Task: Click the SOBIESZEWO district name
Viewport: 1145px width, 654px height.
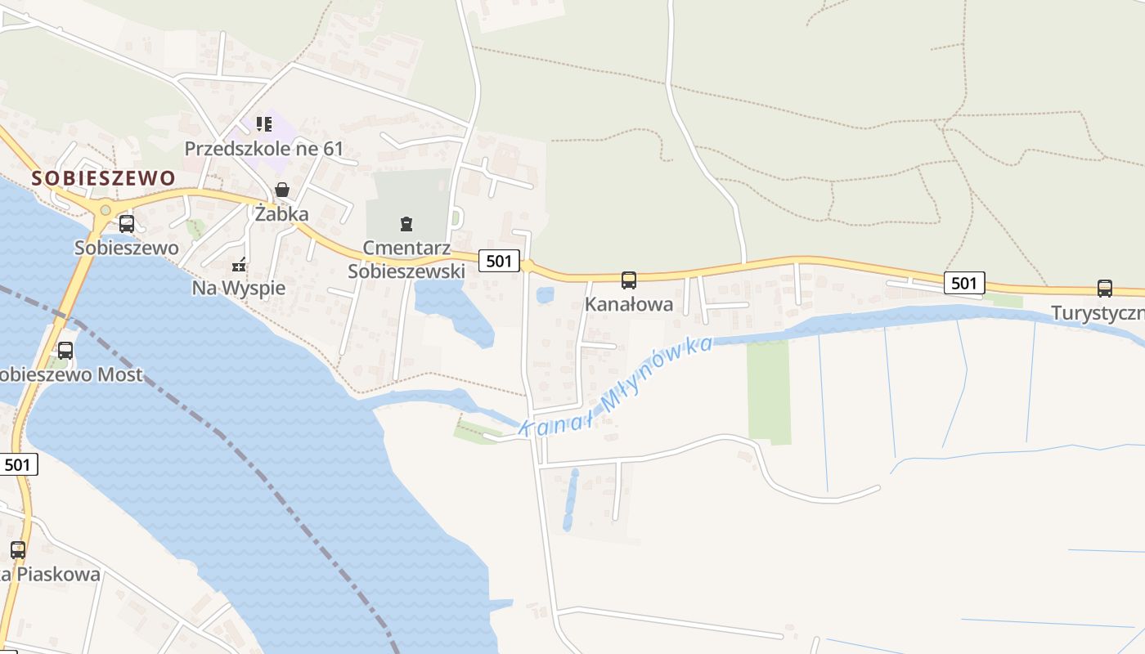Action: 104,178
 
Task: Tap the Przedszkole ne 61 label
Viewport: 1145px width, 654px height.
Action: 263,149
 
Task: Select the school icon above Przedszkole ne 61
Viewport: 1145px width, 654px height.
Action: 263,124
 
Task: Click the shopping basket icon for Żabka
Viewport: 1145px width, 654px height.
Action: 282,190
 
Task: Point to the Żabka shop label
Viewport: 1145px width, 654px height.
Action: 281,214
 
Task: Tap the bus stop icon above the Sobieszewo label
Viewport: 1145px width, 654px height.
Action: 127,223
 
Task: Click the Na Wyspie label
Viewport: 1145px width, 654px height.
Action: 239,288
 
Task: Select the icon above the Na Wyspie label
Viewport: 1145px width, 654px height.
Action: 239,264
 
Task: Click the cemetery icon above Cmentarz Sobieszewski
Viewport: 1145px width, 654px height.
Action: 406,223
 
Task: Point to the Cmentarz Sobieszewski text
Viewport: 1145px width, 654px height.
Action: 406,259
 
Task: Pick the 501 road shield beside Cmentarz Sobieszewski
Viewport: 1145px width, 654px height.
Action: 499,261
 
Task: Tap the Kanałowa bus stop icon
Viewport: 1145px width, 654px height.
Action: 628,280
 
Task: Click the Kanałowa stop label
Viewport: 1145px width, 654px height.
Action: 628,304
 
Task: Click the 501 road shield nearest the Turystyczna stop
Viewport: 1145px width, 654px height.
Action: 964,283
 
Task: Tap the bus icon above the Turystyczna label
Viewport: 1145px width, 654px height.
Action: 1104,289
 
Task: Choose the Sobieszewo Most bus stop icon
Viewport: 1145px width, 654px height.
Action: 65,351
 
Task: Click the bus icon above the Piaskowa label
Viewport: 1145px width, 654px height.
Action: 18,550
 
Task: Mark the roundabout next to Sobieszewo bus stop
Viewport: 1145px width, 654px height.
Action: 105,210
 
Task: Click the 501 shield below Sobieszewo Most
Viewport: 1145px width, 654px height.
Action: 18,464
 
